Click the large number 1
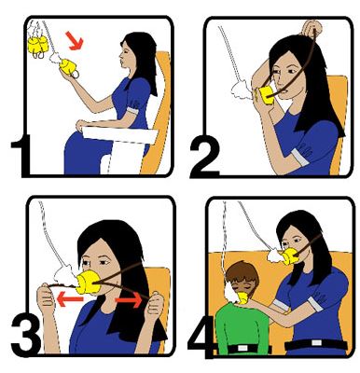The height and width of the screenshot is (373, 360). [x=22, y=156]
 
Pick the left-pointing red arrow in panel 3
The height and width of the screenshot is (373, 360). [x=70, y=300]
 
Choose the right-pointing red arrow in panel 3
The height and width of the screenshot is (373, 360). [x=129, y=300]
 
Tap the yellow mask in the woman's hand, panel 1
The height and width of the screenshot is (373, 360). [x=68, y=67]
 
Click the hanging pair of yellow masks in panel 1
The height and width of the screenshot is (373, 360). [x=38, y=45]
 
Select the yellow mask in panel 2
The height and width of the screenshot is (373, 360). [x=266, y=95]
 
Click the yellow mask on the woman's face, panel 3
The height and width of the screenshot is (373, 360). [x=90, y=283]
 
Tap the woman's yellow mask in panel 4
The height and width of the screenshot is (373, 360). [x=291, y=256]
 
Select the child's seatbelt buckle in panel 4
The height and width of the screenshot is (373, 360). [x=242, y=348]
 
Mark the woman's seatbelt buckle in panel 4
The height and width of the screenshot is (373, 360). [x=316, y=343]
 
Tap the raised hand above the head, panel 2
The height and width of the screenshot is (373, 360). [x=312, y=29]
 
